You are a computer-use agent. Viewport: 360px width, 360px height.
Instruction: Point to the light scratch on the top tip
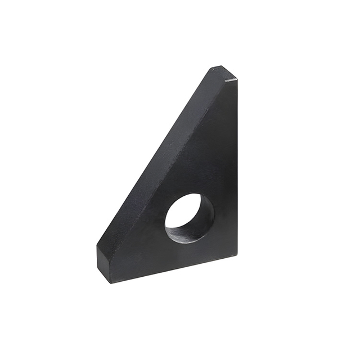[231, 80]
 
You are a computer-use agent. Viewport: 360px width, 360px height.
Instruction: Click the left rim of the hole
[165, 219]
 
